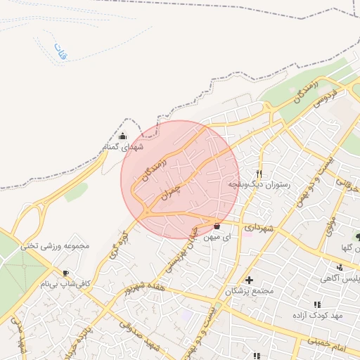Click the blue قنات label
click(x=59, y=52)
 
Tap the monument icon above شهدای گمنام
click(x=123, y=136)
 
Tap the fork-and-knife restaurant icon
click(x=259, y=174)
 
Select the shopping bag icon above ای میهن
click(x=216, y=226)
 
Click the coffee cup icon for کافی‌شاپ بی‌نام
click(x=66, y=273)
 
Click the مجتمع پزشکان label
click(x=249, y=291)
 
